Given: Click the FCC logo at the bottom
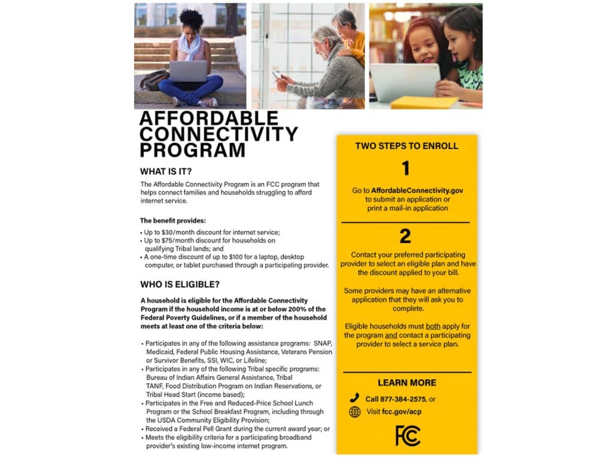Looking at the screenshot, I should tap(408, 435).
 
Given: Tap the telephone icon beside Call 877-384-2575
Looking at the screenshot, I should tap(354, 398).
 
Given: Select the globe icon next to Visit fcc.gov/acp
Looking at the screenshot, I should tap(354, 412).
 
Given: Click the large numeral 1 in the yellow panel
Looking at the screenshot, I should tap(405, 169).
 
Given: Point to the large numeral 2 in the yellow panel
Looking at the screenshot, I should tap(405, 236).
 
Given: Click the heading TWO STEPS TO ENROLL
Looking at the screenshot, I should tap(406, 146).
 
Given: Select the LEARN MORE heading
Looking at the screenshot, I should tap(406, 383).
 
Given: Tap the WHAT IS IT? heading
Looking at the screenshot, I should tap(166, 171).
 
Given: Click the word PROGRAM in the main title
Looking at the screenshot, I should tap(192, 149).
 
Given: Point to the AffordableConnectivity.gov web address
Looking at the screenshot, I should tap(417, 190).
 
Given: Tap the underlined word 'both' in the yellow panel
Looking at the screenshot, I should tap(433, 326).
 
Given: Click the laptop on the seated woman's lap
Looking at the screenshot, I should tap(188, 71).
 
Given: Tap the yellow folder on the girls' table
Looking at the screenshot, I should tap(424, 102).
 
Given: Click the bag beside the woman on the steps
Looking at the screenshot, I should tap(154, 80).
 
